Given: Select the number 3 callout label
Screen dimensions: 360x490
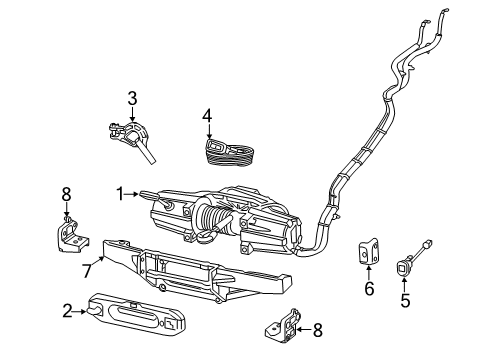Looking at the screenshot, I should [x=131, y=98].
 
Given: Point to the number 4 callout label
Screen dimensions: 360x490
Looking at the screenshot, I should [x=207, y=115].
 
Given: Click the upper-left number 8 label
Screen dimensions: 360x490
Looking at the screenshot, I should [x=67, y=193].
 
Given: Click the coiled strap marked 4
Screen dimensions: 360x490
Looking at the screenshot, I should [x=228, y=152].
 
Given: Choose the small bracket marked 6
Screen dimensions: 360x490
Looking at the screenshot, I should [x=368, y=254].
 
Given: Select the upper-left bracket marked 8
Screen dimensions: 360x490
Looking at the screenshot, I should [x=71, y=236].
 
